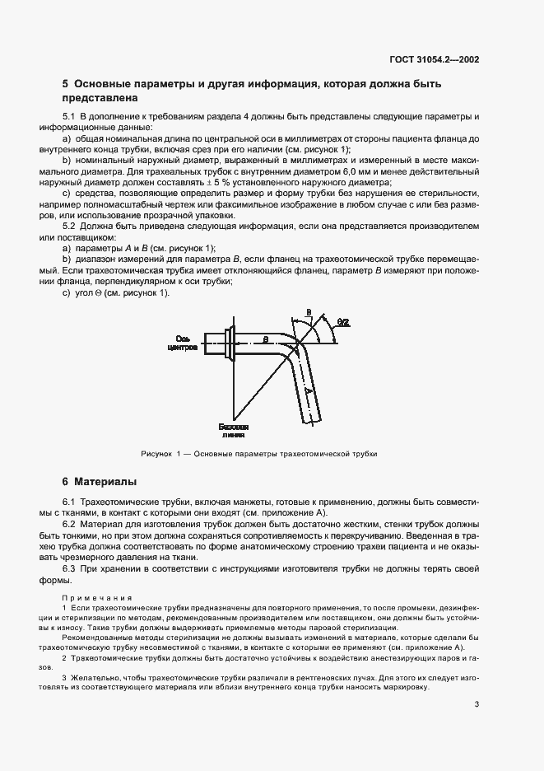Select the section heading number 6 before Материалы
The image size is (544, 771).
66,480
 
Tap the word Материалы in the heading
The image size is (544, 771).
105,480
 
